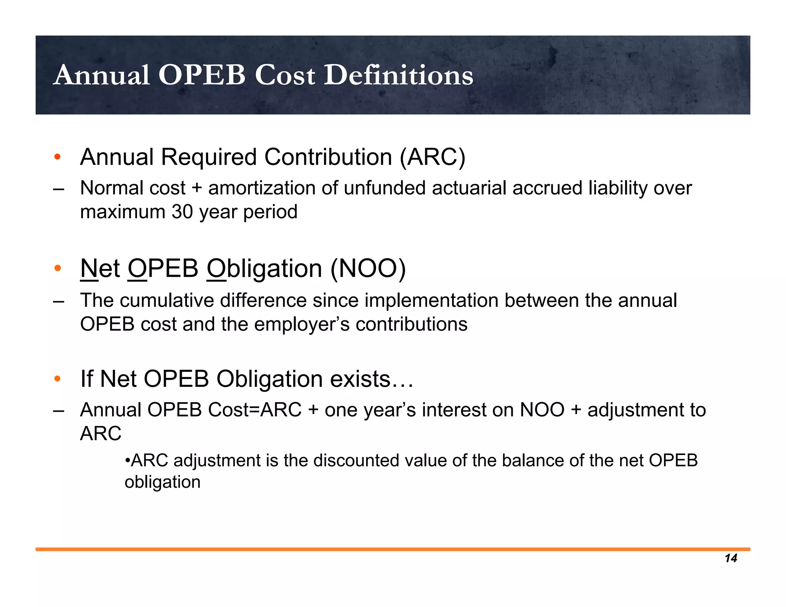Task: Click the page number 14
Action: click(x=731, y=558)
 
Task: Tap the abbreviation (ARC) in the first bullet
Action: click(x=432, y=157)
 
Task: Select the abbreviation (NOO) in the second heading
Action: click(x=368, y=269)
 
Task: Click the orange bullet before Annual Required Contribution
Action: click(x=58, y=157)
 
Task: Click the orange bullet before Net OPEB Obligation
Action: click(x=58, y=268)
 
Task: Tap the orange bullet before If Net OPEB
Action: click(x=58, y=379)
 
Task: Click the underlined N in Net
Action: click(x=89, y=269)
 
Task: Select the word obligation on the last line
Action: click(x=162, y=482)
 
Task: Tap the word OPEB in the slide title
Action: click(x=202, y=75)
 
